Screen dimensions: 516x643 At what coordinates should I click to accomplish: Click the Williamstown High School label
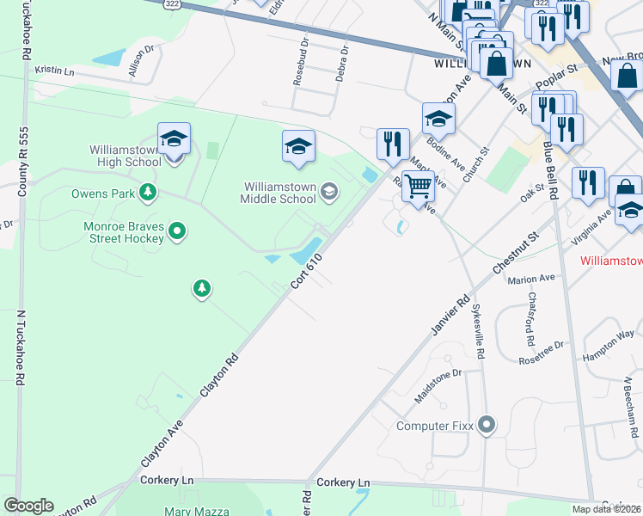[x=125, y=156]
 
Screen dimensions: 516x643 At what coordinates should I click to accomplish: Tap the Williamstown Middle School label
[x=279, y=193]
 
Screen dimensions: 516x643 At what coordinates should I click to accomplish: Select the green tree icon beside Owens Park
[x=149, y=192]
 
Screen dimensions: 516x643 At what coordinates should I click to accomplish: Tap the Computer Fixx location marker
[x=487, y=425]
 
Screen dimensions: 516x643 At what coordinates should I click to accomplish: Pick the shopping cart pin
[x=418, y=185]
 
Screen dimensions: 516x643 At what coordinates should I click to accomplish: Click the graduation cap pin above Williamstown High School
[x=174, y=138]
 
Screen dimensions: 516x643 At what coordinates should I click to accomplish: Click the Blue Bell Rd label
[x=550, y=173]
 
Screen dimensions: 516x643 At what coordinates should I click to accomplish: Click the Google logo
[x=28, y=506]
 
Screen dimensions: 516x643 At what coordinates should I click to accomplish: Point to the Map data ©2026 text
[x=605, y=509]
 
